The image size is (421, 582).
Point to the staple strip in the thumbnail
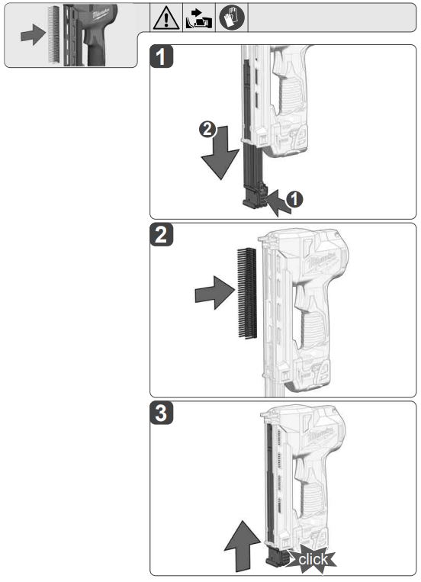click(x=53, y=35)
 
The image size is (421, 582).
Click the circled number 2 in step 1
click(x=204, y=130)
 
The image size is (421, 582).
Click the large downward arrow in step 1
click(x=217, y=157)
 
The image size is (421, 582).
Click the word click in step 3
click(x=313, y=559)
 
